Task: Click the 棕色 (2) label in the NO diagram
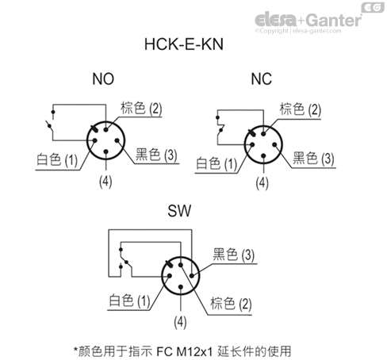[141, 107]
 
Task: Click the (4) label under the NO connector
[105, 182]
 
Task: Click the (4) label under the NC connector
[263, 182]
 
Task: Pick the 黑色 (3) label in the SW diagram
[233, 255]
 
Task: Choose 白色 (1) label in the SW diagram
[128, 301]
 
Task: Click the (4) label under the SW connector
[179, 322]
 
